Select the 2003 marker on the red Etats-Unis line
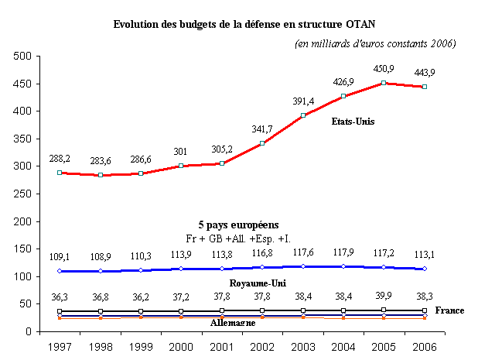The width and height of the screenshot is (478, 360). click(304, 115)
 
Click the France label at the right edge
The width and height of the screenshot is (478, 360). click(449, 310)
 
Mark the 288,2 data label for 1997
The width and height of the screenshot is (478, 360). click(60, 158)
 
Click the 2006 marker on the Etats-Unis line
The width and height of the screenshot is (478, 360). click(424, 87)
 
